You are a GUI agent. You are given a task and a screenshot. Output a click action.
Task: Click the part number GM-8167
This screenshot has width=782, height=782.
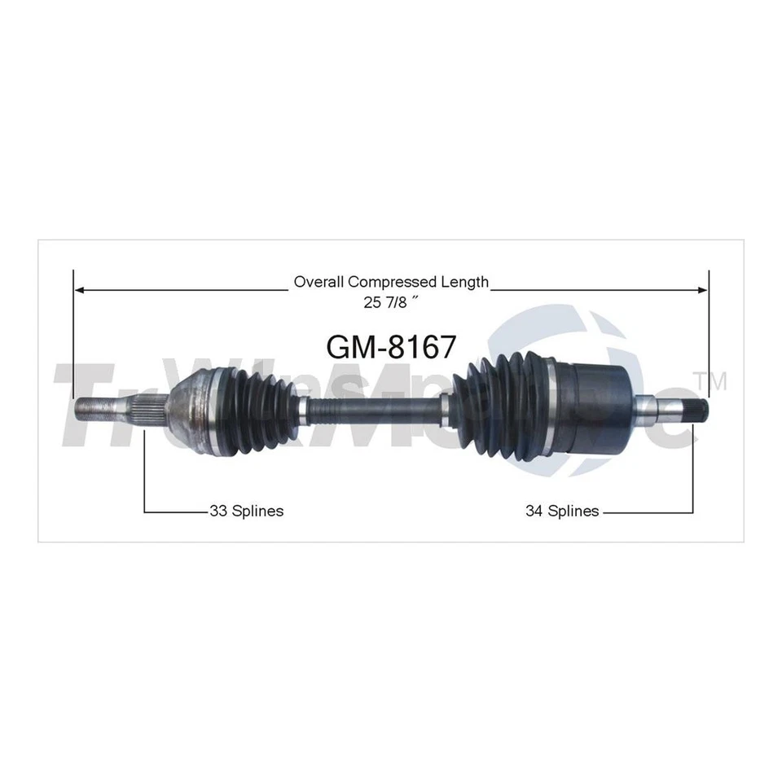390,346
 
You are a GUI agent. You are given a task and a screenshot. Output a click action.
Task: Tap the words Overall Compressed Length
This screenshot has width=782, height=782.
391,282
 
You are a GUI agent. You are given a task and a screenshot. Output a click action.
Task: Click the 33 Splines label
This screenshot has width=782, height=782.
246,512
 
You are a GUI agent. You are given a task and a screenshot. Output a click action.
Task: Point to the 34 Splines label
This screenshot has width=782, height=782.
562,512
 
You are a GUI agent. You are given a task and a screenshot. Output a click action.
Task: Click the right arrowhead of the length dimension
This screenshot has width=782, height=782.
703,288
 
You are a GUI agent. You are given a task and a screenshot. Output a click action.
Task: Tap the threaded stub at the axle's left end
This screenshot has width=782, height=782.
98,406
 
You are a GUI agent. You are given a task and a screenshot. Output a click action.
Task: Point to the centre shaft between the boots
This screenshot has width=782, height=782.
375,404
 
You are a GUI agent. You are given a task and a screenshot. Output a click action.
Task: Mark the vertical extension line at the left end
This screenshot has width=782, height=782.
74,342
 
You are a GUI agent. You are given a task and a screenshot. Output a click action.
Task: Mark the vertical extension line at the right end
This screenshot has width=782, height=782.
709,342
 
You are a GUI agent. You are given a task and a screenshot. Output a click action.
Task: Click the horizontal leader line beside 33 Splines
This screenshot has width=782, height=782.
175,512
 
